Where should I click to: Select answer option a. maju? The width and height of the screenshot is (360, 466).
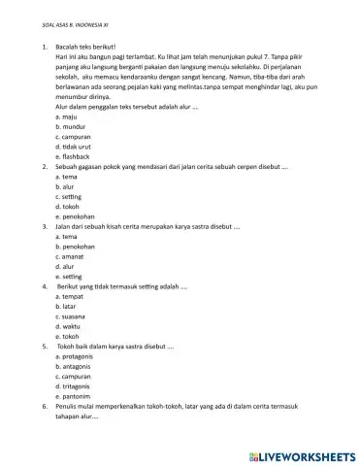(66, 116)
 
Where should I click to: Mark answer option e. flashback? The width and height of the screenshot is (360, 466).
(73, 156)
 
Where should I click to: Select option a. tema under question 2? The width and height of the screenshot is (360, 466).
(66, 177)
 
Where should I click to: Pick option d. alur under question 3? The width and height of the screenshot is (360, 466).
(66, 266)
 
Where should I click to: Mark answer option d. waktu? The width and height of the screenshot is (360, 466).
(69, 326)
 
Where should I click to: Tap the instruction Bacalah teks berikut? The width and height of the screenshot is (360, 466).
(85, 47)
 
